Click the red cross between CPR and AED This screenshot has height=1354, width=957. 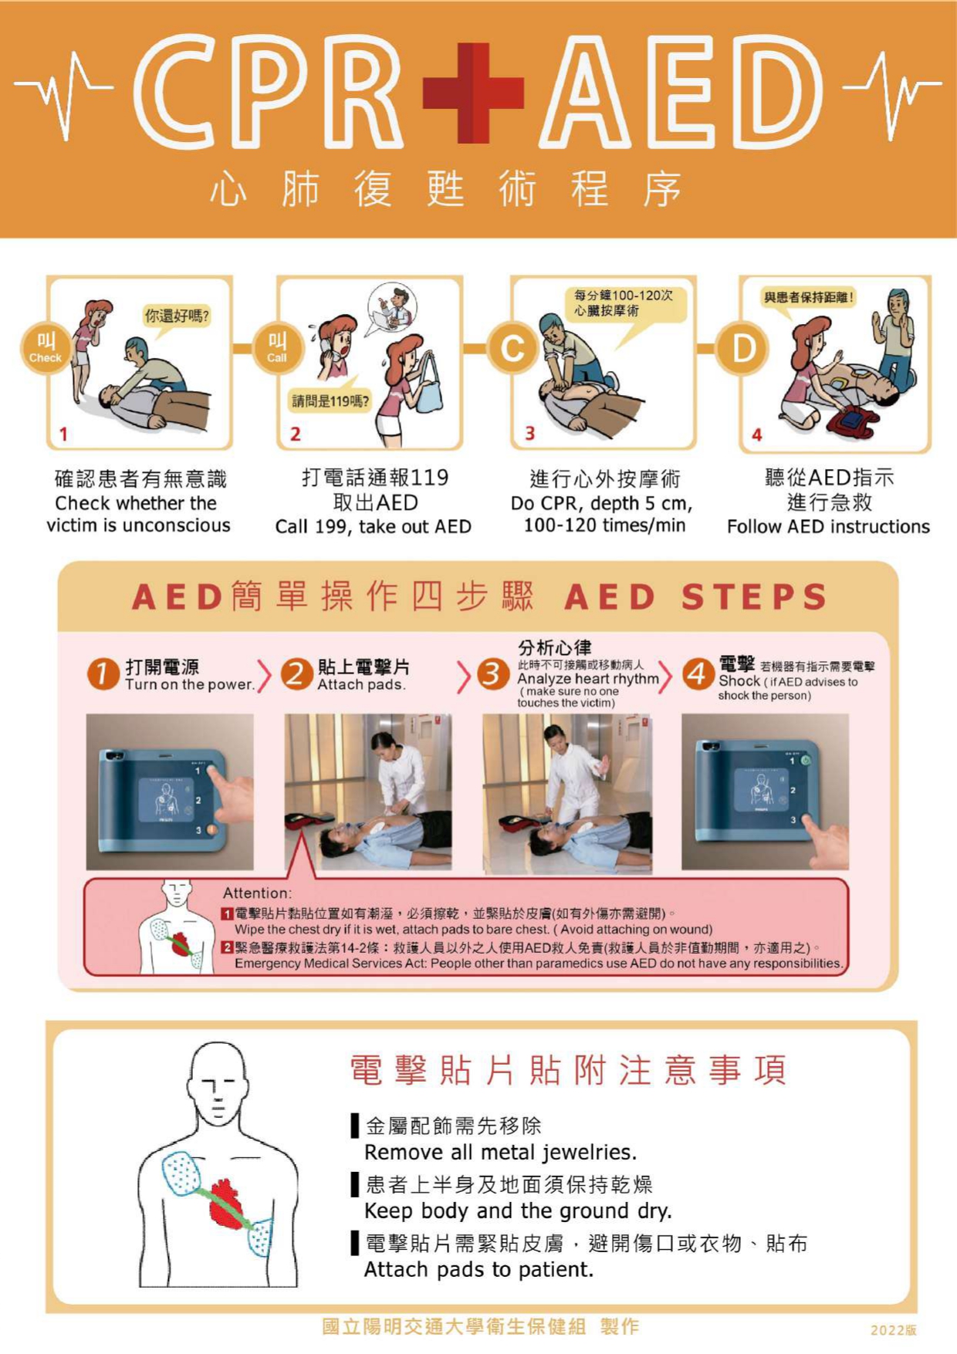pos(473,93)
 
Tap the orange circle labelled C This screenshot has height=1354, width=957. pos(513,349)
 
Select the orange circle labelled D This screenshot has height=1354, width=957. pos(742,349)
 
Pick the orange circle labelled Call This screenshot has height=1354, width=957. pos(277,347)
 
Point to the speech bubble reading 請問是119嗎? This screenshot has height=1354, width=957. pos(330,399)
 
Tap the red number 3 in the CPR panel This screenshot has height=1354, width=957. pos(529,434)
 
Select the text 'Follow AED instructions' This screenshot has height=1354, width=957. pos(828,526)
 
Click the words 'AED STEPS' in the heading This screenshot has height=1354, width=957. pos(696,597)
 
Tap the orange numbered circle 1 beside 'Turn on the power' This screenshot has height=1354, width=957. pos(103,674)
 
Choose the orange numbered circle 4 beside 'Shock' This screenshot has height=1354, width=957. pos(697,674)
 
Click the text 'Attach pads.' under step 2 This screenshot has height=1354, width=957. pos(361,684)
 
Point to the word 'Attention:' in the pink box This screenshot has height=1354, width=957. pos(258,893)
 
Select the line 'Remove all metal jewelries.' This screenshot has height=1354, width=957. pos(501,1153)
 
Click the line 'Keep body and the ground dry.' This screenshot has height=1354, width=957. pos(519,1210)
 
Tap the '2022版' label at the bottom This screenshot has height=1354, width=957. pos(894,1329)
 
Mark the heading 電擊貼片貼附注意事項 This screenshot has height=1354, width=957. pos(569,1070)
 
